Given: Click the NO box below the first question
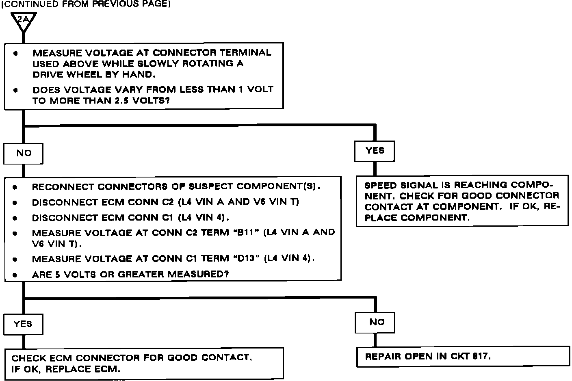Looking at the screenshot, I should [24, 153].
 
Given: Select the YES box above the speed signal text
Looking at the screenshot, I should [374, 151].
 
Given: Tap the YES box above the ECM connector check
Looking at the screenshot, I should [23, 324].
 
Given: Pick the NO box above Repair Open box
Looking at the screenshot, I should [376, 322].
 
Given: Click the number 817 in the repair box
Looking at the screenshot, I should [481, 357].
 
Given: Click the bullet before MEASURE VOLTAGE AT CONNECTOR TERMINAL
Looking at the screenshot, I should [15, 53].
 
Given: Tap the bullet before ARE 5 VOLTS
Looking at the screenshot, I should [15, 275].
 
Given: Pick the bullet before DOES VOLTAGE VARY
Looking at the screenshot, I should [15, 90].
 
